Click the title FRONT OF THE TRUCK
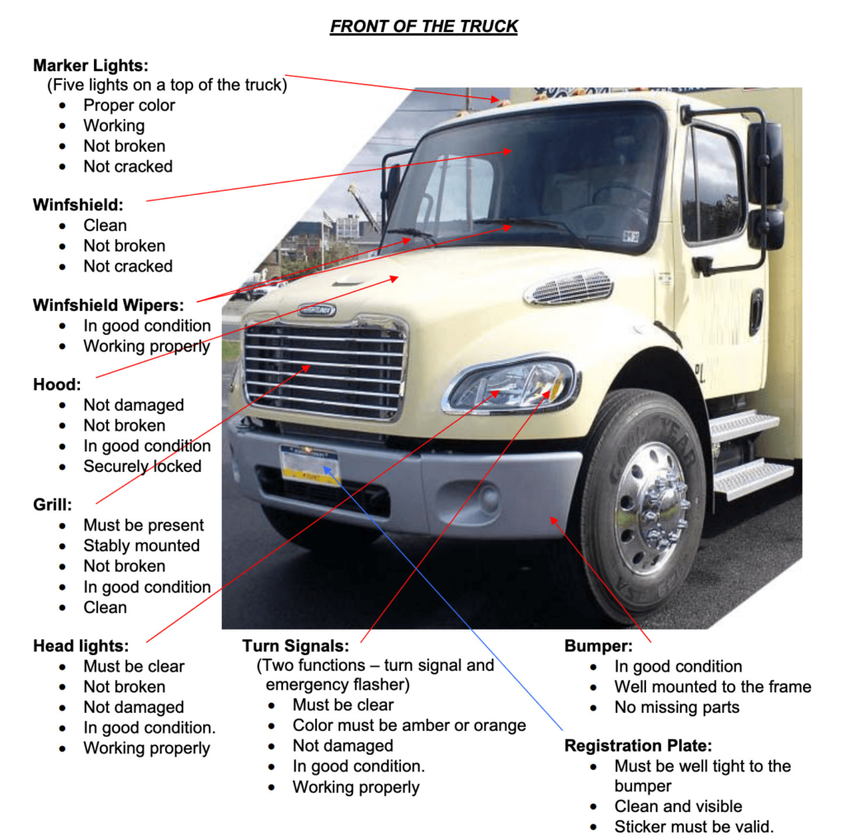(423, 26)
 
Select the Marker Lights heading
(91, 65)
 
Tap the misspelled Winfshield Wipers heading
(108, 305)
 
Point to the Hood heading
(55, 385)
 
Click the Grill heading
(53, 504)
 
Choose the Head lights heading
(81, 646)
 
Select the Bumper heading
(598, 646)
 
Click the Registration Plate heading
(638, 746)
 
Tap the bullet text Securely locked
(142, 466)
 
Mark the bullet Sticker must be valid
(694, 827)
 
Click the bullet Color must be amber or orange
(408, 725)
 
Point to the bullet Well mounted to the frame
(712, 687)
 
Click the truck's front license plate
(309, 465)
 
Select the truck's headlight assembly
(512, 385)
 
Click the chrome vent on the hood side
(569, 287)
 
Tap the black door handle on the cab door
(756, 312)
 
